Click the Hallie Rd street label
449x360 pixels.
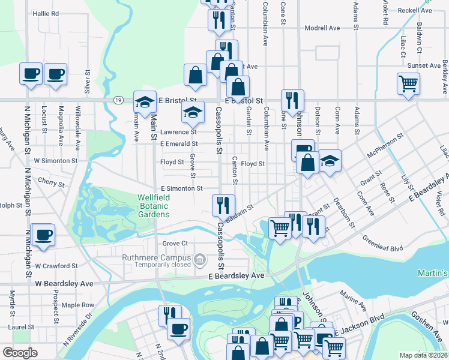pos(46,13)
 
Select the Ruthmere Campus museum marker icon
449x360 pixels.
pos(200,259)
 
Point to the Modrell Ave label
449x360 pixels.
pos(322,28)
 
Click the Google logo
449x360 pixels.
pos(20,352)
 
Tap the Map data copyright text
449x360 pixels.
pos(423,355)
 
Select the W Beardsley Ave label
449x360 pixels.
pos(64,283)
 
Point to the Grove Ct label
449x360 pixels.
pos(175,243)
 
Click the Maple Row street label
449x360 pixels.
pos(78,305)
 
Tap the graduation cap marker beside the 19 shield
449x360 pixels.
pos(144,101)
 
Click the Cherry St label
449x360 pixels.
pos(51,181)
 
